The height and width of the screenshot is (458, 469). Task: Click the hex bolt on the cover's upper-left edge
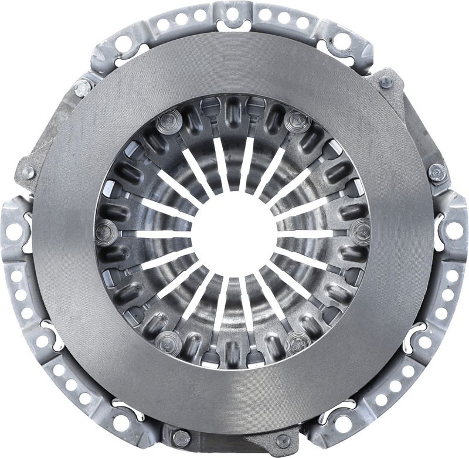point(81,88)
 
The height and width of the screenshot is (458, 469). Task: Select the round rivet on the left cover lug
point(28,172)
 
